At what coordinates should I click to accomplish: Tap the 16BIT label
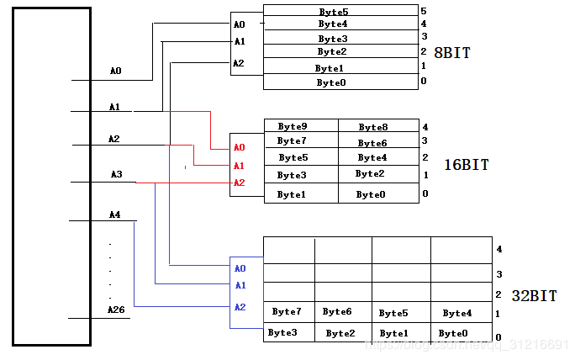point(466,165)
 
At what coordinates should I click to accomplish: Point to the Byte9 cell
point(292,127)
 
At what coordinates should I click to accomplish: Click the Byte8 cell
point(372,128)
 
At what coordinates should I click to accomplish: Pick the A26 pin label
point(116,310)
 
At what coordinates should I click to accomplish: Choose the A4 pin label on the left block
point(115,214)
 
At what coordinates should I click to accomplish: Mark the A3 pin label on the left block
point(116,175)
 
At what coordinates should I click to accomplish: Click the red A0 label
point(240,148)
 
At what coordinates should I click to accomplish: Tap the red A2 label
point(240,183)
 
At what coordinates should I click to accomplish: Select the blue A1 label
point(240,285)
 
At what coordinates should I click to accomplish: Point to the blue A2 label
point(240,307)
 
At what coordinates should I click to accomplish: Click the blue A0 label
point(240,268)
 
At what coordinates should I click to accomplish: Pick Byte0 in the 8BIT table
point(331,82)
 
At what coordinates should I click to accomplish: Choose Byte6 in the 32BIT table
point(337,312)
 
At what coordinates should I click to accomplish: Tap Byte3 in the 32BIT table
point(282,333)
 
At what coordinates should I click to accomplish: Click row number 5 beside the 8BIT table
point(424,11)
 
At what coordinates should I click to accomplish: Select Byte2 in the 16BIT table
point(370,174)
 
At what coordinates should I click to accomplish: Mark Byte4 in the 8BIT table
point(334,24)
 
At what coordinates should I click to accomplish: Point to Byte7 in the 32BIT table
point(287,312)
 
